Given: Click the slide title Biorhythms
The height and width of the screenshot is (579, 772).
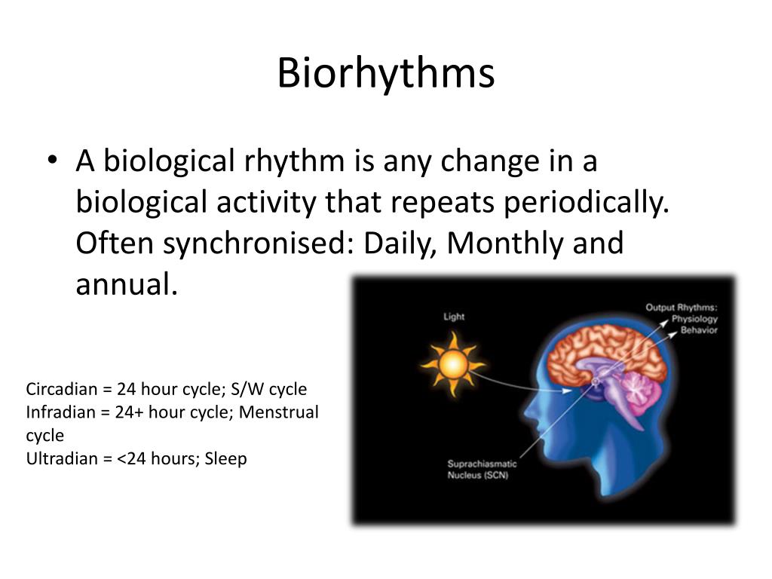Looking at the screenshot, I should click(x=385, y=74).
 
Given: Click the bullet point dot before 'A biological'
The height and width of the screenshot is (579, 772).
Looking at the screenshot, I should click(x=51, y=162).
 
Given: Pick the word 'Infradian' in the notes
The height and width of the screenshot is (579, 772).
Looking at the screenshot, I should click(x=57, y=412).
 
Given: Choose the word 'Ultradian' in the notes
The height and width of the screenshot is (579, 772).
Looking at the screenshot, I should click(x=60, y=458).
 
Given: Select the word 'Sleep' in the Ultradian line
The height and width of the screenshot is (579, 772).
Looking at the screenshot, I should click(x=225, y=458).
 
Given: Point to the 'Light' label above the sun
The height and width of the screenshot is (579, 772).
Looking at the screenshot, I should click(x=454, y=317).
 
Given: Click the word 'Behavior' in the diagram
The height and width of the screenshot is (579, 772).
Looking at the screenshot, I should click(x=699, y=330).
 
